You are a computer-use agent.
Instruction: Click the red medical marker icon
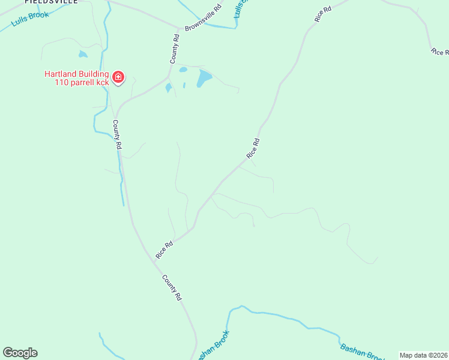pyautogui.click(x=118, y=76)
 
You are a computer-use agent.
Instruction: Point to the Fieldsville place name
pyautogui.click(x=51, y=2)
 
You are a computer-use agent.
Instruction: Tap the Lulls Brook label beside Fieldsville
pyautogui.click(x=31, y=17)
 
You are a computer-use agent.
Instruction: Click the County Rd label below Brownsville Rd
pyautogui.click(x=175, y=49)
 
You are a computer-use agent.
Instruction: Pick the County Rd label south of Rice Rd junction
pyautogui.click(x=172, y=287)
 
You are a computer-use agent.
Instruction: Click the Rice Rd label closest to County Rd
pyautogui.click(x=164, y=250)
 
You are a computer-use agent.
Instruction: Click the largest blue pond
pyautogui.click(x=205, y=77)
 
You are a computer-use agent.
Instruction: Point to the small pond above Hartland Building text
pyautogui.click(x=83, y=54)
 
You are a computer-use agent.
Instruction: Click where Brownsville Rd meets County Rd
pyautogui.click(x=179, y=28)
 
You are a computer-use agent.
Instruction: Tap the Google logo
pyautogui.click(x=20, y=353)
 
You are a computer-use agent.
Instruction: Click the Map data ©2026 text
pyautogui.click(x=423, y=355)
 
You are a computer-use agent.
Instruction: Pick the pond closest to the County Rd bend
pyautogui.click(x=169, y=88)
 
